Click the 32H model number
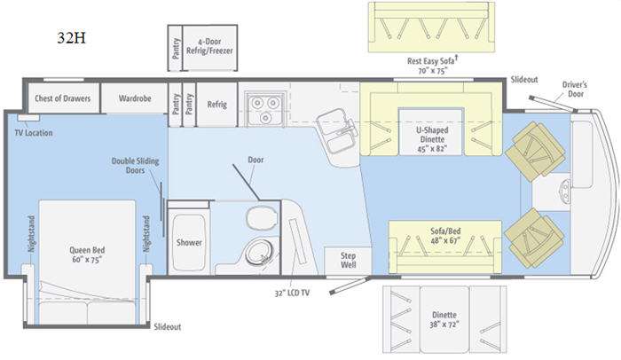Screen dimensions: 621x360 [71, 37]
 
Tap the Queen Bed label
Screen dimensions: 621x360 [87, 254]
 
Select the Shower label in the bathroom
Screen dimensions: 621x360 [189, 242]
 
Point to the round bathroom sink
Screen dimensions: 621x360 [259, 253]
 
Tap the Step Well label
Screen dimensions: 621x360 [348, 260]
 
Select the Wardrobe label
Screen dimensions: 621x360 [135, 98]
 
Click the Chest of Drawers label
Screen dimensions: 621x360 [63, 98]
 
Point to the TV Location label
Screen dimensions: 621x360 [34, 133]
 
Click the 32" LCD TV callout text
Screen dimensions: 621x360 [292, 293]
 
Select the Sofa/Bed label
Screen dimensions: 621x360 [445, 236]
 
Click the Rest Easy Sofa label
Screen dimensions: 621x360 [432, 61]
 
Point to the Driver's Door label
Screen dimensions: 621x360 [575, 89]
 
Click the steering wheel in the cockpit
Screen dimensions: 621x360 [565, 191]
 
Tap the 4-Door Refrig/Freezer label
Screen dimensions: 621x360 [209, 46]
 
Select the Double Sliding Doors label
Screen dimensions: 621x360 [135, 166]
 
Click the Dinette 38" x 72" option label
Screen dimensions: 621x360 [444, 319]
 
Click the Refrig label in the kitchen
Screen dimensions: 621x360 [217, 105]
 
